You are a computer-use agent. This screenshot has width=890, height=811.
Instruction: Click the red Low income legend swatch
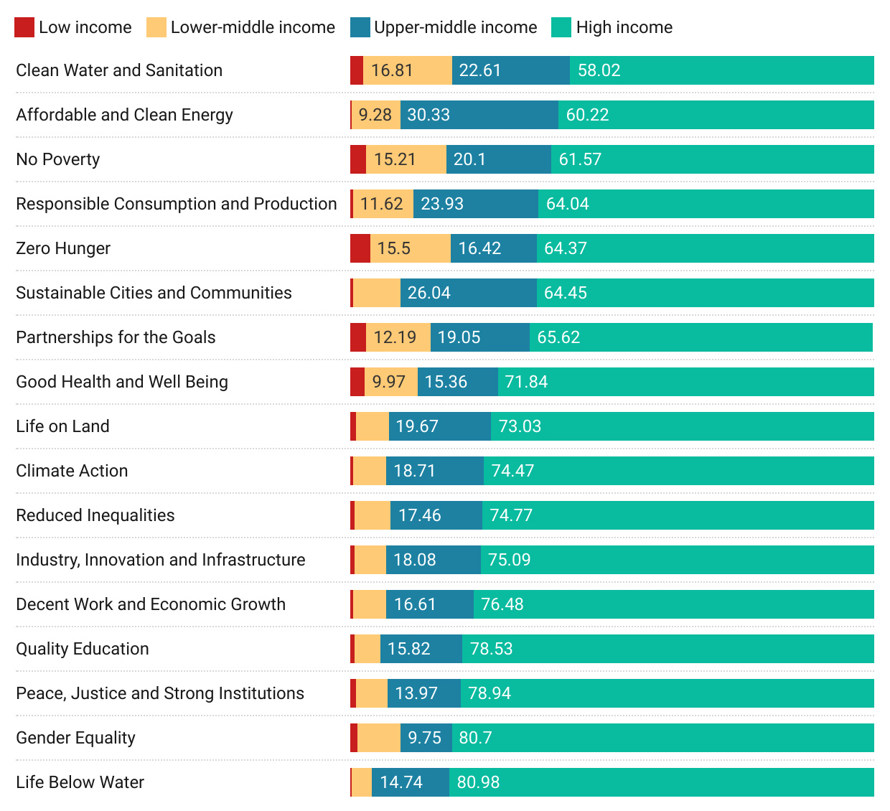pyautogui.click(x=24, y=27)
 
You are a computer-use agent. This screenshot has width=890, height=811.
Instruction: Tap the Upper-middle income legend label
pyautogui.click(x=455, y=27)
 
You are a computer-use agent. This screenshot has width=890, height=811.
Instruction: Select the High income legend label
pyautogui.click(x=624, y=27)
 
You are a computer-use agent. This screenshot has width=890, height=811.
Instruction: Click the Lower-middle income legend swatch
pyautogui.click(x=156, y=27)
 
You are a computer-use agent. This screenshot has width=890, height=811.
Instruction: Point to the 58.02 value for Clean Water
pyautogui.click(x=599, y=70)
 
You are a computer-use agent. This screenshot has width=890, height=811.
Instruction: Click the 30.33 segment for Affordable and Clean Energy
pyautogui.click(x=479, y=115)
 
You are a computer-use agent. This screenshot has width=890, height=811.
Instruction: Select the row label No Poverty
pyautogui.click(x=58, y=159)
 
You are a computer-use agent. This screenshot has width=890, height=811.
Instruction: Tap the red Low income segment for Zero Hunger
pyautogui.click(x=360, y=248)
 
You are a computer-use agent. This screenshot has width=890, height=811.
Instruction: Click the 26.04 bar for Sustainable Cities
pyautogui.click(x=468, y=293)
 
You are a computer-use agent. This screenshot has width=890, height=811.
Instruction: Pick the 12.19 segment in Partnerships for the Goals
pyautogui.click(x=398, y=337)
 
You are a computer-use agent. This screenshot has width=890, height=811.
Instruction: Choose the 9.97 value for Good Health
pyautogui.click(x=389, y=382)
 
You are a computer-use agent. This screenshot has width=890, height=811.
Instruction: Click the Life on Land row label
pyautogui.click(x=62, y=426)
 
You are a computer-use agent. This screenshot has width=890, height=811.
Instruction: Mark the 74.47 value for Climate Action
pyautogui.click(x=512, y=471)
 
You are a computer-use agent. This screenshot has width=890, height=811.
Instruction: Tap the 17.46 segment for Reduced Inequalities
pyautogui.click(x=436, y=515)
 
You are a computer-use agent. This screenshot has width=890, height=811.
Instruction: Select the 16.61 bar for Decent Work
pyautogui.click(x=429, y=604)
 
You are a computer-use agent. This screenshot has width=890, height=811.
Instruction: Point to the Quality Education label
pyautogui.click(x=83, y=649)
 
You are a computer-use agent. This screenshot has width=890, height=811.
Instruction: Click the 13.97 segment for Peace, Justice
pyautogui.click(x=423, y=693)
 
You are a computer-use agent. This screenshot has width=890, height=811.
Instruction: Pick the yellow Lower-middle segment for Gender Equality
pyautogui.click(x=379, y=738)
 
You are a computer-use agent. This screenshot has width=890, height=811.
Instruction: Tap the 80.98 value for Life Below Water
pyautogui.click(x=478, y=782)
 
